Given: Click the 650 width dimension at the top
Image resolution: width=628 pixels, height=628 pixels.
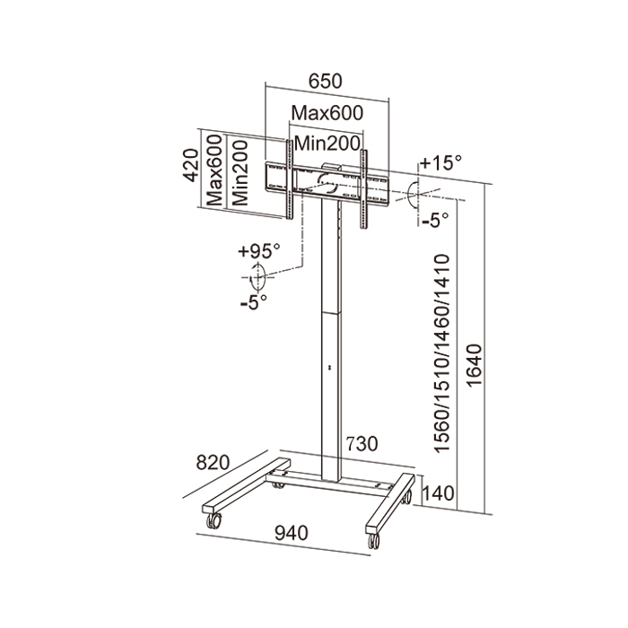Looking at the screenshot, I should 326,80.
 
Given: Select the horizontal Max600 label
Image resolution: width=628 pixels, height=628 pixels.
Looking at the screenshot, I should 327,114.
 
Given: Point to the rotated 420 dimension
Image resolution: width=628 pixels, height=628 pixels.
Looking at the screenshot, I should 189,166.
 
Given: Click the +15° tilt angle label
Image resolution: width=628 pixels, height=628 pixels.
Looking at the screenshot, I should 440,163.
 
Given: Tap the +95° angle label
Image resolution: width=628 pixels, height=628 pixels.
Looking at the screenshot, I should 259,250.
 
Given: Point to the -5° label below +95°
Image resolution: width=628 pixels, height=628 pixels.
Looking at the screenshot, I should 255,302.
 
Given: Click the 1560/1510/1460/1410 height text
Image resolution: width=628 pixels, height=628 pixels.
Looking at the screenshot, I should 440,355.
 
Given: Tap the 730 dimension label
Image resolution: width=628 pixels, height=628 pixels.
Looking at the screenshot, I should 363,444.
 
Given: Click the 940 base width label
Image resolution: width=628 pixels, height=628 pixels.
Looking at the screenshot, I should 292,533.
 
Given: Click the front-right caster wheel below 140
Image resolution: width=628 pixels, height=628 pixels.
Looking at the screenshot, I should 371,540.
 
